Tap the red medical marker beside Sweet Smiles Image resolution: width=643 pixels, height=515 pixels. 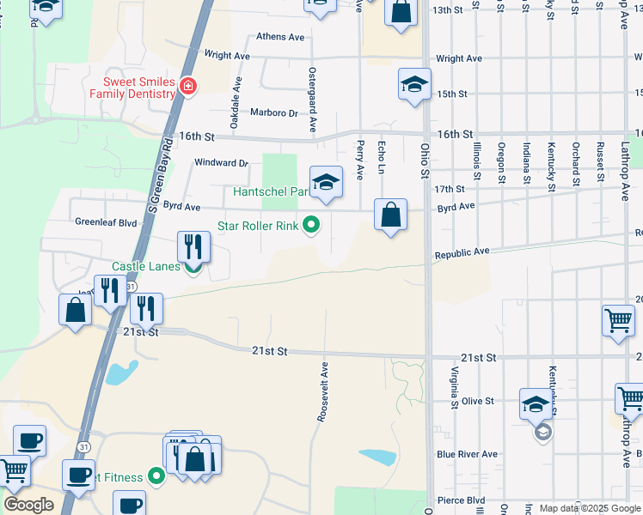point(187,87)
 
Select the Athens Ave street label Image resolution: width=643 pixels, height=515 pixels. point(280,37)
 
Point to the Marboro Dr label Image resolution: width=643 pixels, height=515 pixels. point(273,112)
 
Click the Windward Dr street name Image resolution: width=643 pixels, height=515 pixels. point(221,162)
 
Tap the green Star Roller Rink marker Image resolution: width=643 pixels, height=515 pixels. point(312,227)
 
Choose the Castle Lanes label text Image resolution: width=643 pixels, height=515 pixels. point(145,267)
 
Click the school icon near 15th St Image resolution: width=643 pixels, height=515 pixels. point(413,85)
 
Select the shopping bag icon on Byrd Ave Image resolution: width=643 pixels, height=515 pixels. point(390,215)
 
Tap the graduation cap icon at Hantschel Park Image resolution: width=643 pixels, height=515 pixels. point(326,182)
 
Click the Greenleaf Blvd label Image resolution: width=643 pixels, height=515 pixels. point(106,222)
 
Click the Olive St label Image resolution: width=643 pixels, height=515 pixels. point(477,401)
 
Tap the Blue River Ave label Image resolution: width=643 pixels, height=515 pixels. point(467,454)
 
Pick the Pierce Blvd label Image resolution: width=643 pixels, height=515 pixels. point(461,500)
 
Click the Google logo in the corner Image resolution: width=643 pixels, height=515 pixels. point(28,505)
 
